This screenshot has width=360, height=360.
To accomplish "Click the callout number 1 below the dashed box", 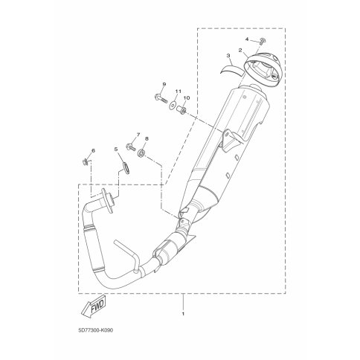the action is click(x=183, y=314).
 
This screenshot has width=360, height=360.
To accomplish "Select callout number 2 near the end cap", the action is click(x=240, y=50).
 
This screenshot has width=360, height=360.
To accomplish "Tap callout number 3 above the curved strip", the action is click(x=228, y=55).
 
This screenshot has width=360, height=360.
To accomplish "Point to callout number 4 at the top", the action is click(x=247, y=39).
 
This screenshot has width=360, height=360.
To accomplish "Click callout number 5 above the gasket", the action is click(x=115, y=149).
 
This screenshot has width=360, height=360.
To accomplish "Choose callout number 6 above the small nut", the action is click(x=93, y=150).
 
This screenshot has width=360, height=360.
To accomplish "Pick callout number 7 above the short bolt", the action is click(x=138, y=134).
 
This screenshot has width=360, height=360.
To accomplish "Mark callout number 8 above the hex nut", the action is click(x=147, y=139).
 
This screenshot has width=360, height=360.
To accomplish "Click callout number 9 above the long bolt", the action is click(x=164, y=84).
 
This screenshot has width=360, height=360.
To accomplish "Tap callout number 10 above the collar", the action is click(x=187, y=98).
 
